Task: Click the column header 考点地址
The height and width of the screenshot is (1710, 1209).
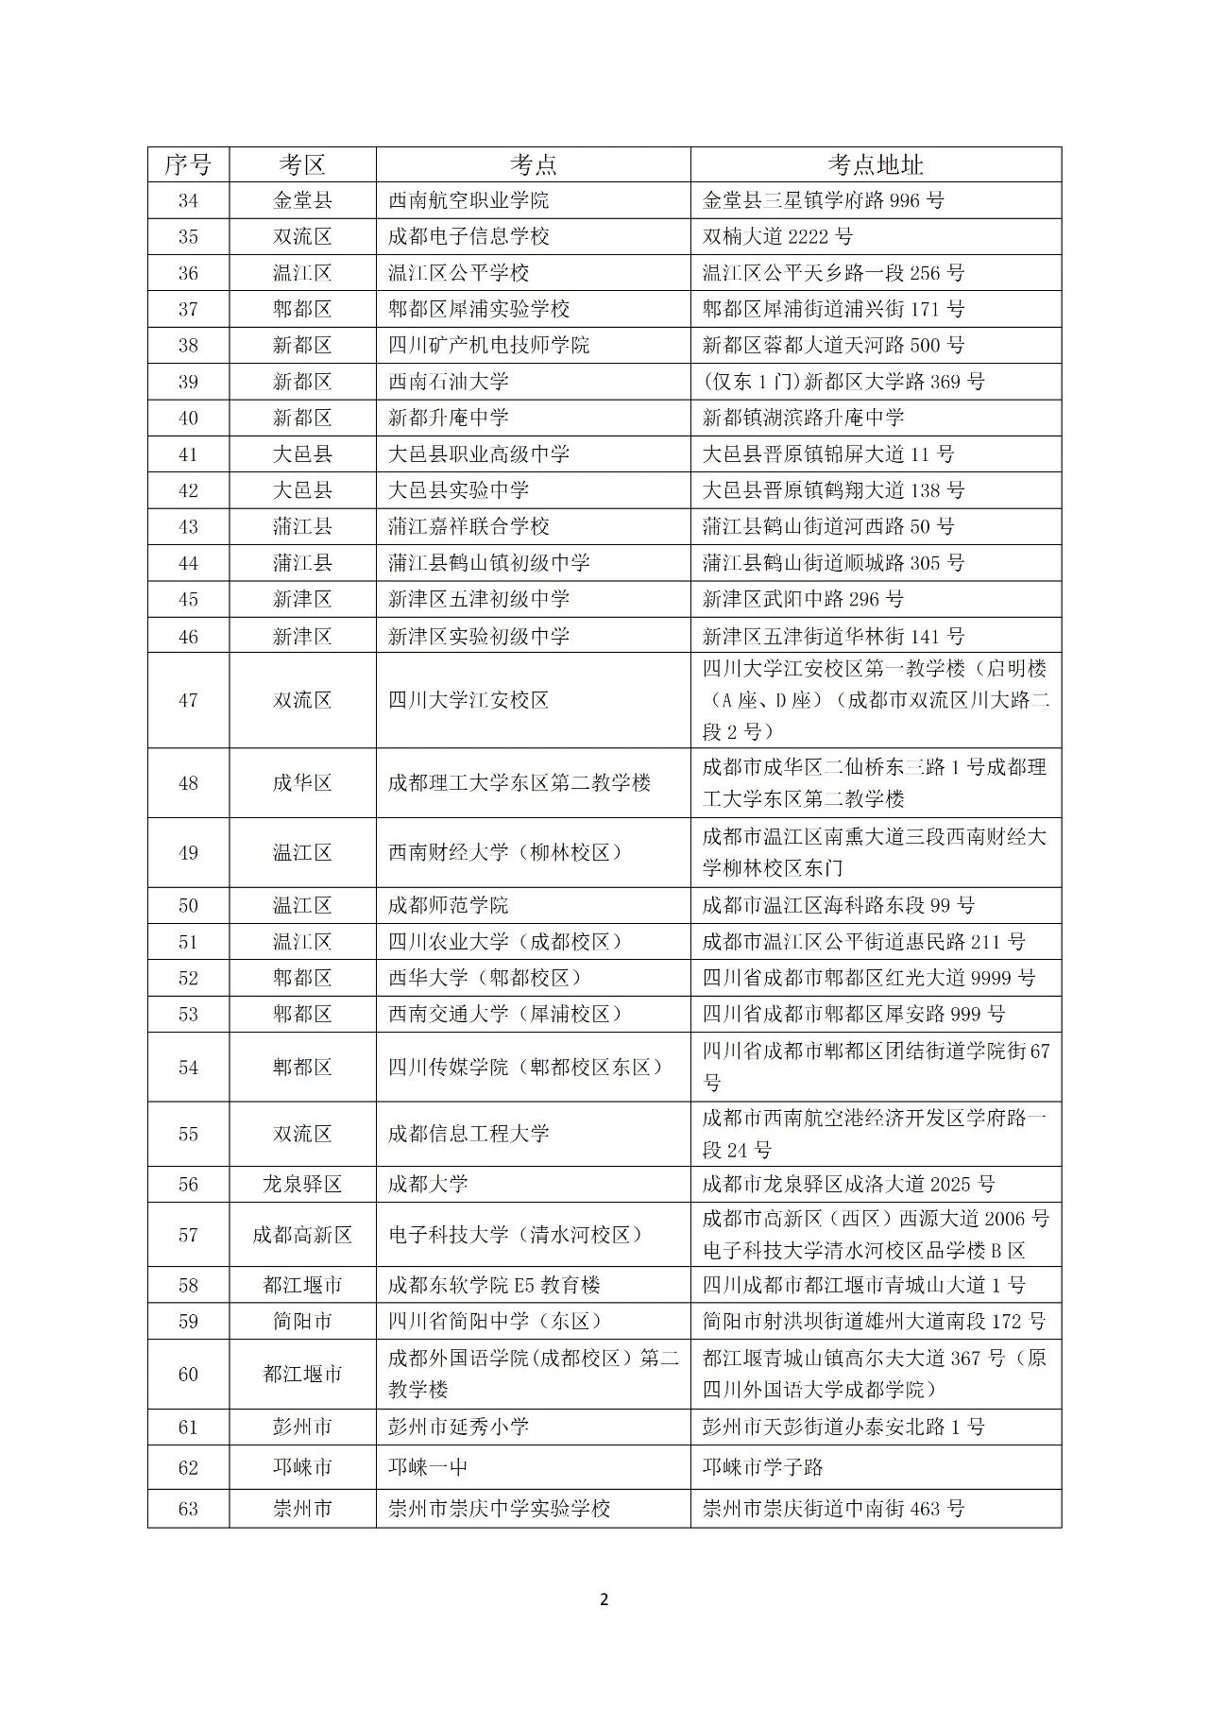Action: tap(875, 164)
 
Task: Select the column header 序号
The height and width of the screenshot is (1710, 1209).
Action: tap(188, 164)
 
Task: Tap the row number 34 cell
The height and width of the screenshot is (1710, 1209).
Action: tap(188, 200)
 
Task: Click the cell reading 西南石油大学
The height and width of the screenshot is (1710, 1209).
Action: tap(449, 382)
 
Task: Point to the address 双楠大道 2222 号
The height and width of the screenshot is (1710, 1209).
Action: tap(777, 236)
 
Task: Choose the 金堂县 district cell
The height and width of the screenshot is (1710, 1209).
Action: tap(302, 200)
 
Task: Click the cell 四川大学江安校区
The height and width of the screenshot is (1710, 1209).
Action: tap(468, 700)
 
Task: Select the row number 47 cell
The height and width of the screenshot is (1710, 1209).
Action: tap(188, 700)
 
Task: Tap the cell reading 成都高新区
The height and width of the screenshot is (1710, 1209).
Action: tap(302, 1235)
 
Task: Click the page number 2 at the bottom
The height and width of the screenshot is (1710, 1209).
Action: tap(604, 1599)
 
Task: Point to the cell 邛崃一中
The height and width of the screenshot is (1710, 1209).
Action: tap(428, 1467)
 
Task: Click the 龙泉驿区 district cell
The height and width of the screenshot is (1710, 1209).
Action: tap(302, 1184)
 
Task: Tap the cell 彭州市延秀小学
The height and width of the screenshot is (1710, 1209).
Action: tap(458, 1427)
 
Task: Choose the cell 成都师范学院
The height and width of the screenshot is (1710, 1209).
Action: tap(448, 905)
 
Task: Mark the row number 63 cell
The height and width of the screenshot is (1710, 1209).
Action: tap(188, 1509)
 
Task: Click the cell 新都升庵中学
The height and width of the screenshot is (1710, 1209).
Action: tap(449, 418)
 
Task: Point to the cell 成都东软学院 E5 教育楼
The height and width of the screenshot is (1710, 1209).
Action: tap(494, 1285)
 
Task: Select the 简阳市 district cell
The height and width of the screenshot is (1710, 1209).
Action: tap(302, 1321)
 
